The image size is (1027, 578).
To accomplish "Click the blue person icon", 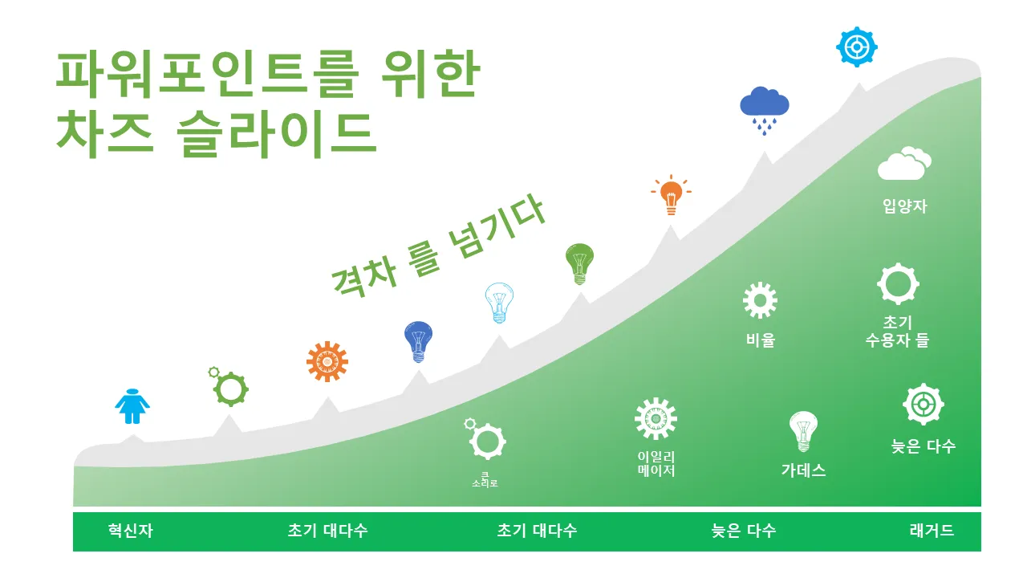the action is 132,406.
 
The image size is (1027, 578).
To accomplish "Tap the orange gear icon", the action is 327,361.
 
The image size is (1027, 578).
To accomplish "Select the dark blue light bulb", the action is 418,342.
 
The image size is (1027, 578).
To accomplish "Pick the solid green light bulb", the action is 579,264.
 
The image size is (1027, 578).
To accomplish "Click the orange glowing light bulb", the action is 672,195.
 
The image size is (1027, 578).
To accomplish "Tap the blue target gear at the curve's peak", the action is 856,47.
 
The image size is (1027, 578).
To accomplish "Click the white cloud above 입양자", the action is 904,163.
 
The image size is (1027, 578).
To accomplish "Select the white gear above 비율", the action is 760,300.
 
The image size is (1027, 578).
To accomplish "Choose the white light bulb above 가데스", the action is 803,431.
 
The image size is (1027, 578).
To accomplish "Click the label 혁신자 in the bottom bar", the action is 131,531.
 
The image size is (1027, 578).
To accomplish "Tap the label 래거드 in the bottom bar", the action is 932,531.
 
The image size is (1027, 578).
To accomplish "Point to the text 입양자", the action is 905,206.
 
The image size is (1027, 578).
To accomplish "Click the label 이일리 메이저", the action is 656,464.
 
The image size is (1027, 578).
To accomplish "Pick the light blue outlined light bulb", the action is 499,303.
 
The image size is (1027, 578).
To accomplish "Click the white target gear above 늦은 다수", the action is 923,404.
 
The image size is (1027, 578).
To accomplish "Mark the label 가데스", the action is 804,470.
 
